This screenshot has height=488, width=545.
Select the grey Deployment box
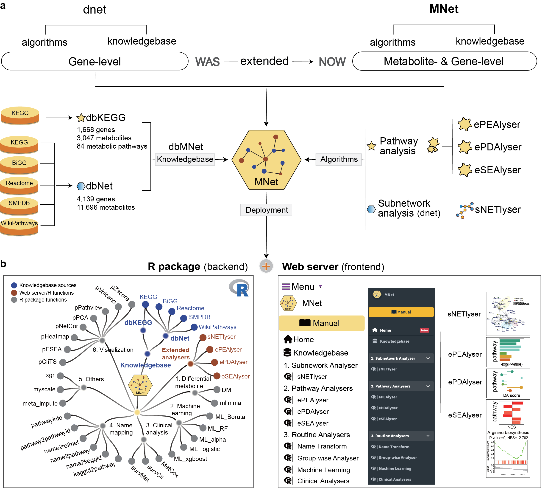tap(266, 210)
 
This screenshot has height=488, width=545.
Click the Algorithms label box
tap(339, 160)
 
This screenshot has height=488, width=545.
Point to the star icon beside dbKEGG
tap(81, 118)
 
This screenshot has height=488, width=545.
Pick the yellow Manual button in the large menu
tap(322, 323)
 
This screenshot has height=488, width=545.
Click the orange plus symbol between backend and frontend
tap(266, 266)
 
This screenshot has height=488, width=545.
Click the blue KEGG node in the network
tap(145, 305)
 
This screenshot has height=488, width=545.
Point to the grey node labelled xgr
tap(61, 376)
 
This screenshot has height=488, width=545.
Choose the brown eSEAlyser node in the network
tap(217, 376)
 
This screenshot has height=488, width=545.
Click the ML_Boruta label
tap(230, 417)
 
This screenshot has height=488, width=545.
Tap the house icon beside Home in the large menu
tap(288, 339)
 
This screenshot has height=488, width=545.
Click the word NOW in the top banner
tap(332, 62)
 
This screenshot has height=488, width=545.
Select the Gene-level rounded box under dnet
tap(95, 61)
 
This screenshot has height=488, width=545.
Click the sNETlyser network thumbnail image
tap(508, 314)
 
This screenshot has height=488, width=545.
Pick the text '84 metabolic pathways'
tap(112, 147)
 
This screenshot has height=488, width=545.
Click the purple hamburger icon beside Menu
tap(286, 287)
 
